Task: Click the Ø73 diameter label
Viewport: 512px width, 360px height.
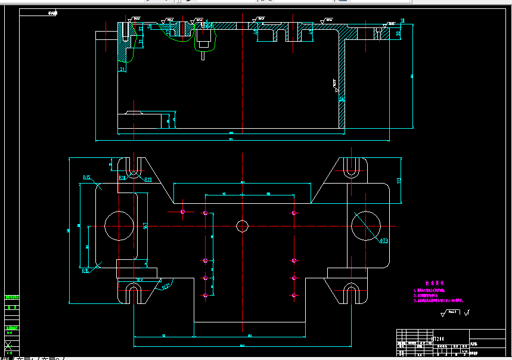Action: tap(384, 241)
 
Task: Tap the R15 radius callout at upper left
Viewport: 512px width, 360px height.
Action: tap(87, 177)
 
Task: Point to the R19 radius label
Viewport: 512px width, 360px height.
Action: tap(148, 179)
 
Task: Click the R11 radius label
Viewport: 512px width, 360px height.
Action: tap(122, 178)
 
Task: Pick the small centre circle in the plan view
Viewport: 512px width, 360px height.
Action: tap(242, 226)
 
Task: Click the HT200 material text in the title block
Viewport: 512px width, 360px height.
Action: tap(438, 339)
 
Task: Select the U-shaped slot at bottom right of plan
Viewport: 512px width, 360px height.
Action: tap(352, 294)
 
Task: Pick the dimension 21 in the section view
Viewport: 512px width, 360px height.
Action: tap(122, 70)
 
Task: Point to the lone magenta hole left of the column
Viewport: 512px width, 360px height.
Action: tap(183, 211)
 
